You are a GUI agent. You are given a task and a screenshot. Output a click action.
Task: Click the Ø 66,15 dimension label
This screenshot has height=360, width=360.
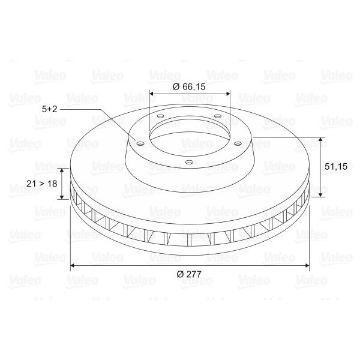coord(189,87)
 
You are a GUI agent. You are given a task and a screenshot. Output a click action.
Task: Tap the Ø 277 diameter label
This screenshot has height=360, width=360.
coord(189,274)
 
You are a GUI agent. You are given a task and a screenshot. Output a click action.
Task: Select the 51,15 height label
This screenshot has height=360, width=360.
coord(336,166)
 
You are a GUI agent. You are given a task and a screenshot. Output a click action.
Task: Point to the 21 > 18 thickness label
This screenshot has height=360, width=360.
coord(42,184)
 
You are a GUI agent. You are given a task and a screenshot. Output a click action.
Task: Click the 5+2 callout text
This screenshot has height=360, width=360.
coord(49,109)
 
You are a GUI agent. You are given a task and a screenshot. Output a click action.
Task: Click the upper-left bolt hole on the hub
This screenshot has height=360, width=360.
coord(160,116)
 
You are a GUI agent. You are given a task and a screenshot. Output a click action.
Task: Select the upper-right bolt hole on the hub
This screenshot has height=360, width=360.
coord(218,116)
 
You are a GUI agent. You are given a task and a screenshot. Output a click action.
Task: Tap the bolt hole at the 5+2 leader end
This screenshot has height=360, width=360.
coord(140,144)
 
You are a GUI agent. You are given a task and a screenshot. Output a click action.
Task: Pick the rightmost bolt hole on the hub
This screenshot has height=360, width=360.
coord(238,144)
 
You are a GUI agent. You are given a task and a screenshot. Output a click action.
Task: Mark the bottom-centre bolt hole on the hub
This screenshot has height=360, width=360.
coord(189,163)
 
